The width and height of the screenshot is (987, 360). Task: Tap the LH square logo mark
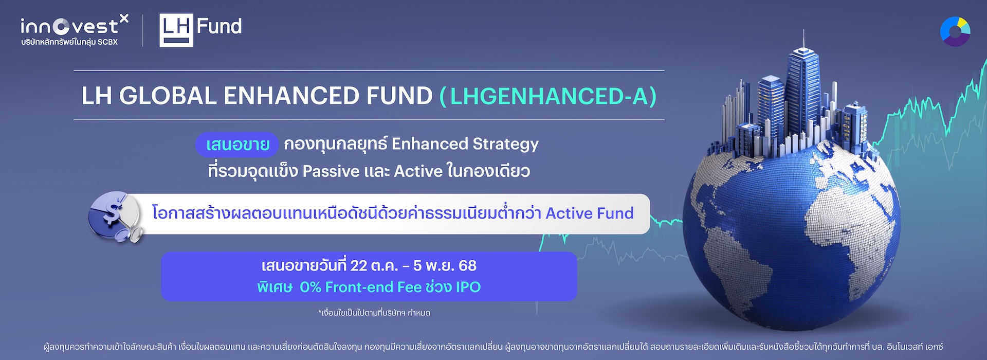[176, 30]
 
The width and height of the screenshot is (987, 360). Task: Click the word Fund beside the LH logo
[220, 26]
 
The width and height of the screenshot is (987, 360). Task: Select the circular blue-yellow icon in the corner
[955, 32]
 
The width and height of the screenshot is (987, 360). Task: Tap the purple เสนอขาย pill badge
[237, 145]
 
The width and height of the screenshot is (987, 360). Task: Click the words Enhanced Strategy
[465, 144]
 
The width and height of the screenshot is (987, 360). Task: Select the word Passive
[331, 171]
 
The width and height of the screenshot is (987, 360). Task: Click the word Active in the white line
[418, 171]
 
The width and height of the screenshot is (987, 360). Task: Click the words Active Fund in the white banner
[590, 213]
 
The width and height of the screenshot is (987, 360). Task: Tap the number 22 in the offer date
[359, 265]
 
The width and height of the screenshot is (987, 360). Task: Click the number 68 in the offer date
[467, 265]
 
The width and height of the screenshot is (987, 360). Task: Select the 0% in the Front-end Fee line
[310, 287]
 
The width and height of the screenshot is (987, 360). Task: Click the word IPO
[468, 287]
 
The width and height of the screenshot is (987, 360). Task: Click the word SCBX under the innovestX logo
[107, 42]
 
